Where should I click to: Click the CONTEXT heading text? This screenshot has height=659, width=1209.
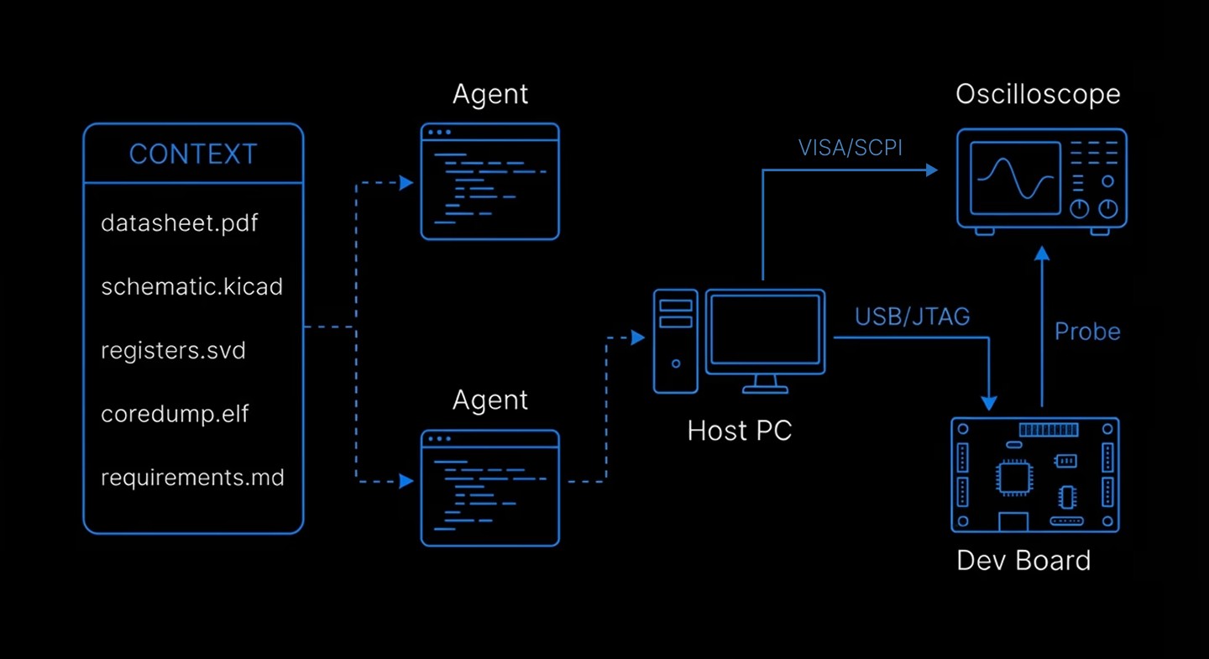point(193,154)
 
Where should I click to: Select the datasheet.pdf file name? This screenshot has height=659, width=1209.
point(180,223)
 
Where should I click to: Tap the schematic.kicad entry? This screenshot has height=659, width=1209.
point(191,287)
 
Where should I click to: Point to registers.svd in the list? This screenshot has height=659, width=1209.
point(173,350)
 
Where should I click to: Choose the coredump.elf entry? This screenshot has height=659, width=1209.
point(175,414)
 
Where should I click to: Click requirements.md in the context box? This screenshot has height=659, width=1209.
point(192,478)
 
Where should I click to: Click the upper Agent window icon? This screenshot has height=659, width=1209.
point(489,181)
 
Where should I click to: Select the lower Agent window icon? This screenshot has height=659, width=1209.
point(489,488)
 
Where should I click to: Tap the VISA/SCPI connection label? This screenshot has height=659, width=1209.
point(850,148)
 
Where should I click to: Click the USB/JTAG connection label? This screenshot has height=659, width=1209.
point(912,316)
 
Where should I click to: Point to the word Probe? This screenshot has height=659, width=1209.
point(1087,332)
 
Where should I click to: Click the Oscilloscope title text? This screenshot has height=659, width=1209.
point(1038,94)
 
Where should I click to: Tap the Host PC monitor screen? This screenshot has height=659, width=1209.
point(765,329)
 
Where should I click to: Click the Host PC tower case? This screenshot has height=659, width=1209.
point(676,341)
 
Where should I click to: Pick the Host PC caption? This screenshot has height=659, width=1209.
point(739,431)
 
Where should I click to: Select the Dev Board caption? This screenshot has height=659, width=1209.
point(1023,560)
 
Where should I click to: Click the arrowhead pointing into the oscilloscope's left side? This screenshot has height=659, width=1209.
point(931,170)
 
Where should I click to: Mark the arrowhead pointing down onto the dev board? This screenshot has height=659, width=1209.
point(990,402)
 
